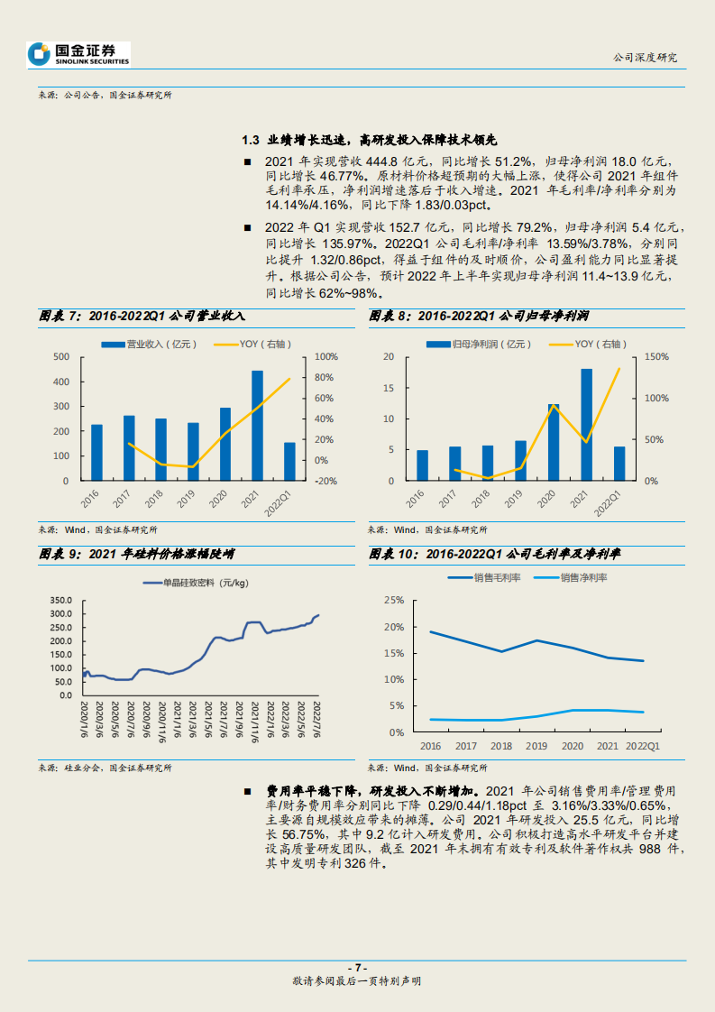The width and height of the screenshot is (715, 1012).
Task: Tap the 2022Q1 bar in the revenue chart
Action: (289, 461)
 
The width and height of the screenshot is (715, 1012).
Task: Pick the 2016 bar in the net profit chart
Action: (422, 465)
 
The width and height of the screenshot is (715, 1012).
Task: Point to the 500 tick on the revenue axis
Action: (62, 357)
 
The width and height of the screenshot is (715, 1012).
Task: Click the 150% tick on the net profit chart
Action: (656, 357)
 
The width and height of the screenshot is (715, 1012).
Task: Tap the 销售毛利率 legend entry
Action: (485, 576)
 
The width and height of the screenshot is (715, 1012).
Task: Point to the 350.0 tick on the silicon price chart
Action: (60, 601)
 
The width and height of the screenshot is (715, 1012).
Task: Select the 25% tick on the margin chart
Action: (393, 600)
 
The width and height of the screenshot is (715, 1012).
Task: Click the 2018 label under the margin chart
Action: (502, 746)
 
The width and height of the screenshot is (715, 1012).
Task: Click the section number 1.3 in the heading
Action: (251, 140)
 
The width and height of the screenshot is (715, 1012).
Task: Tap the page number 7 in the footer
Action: (358, 967)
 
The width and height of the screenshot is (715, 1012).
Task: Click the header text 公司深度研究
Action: (644, 57)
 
